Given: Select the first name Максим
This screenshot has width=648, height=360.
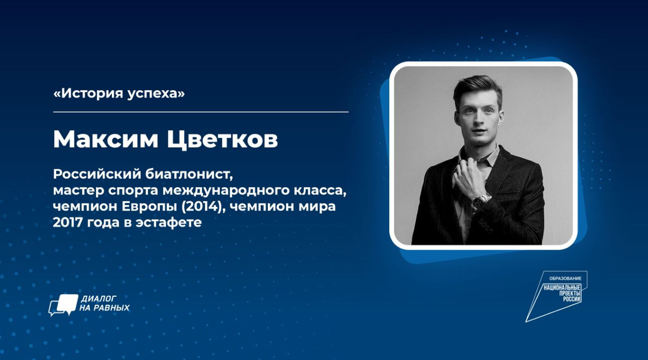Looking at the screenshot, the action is coord(106,140).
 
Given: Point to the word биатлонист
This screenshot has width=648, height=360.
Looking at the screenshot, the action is coord(189,174).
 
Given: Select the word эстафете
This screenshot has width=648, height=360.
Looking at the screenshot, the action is coord(169,223).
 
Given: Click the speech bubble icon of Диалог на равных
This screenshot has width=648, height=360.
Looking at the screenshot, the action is coord(63,305).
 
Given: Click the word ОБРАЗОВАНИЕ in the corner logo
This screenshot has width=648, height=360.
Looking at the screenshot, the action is coord(565,278).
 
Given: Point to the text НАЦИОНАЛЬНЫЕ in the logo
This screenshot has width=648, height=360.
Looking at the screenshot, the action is coord(562,288).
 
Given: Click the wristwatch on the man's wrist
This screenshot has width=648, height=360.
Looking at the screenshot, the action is coord(481,201).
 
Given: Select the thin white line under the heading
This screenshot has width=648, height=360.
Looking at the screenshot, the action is coord(201,112).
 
